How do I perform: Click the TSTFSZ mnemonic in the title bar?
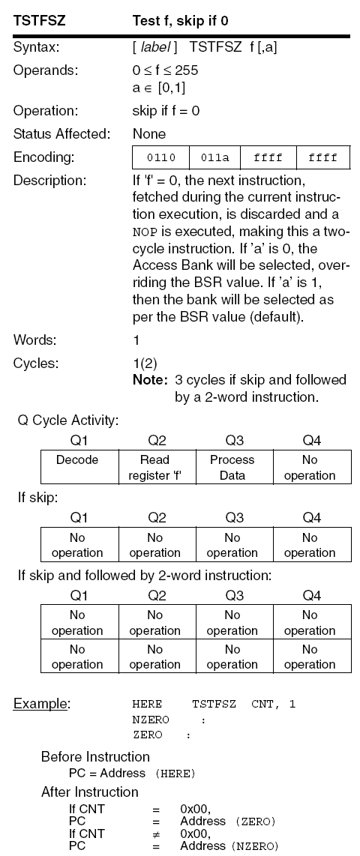39,22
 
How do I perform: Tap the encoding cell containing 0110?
160,158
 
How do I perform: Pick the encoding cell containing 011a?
215,158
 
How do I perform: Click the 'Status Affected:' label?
61,134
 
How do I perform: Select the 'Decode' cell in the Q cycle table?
77,459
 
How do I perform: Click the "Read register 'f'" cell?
154,467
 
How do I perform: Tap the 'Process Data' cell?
232,467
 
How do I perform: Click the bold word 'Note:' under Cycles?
150,379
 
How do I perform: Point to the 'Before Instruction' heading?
95,756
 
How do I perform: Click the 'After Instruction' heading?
89,792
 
